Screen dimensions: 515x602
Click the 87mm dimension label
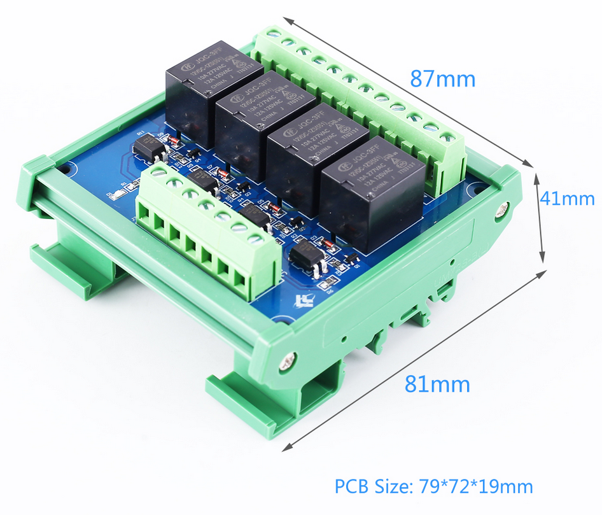click(442, 79)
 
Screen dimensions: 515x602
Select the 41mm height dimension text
click(567, 199)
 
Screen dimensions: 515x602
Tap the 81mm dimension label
click(437, 384)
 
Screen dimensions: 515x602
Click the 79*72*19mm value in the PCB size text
click(476, 487)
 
